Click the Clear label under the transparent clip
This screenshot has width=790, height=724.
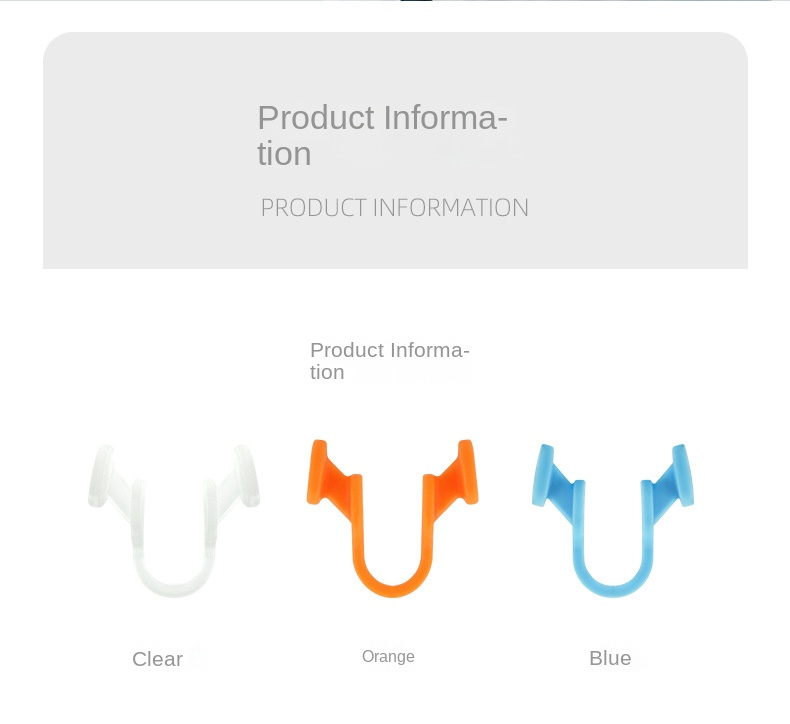pyautogui.click(x=157, y=659)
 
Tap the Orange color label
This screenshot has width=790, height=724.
pyautogui.click(x=388, y=657)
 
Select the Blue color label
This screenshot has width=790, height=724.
pyautogui.click(x=610, y=658)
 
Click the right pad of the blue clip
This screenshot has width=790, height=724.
pyautogui.click(x=683, y=475)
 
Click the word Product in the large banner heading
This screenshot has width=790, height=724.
pyautogui.click(x=315, y=118)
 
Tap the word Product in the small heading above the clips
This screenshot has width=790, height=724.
pyautogui.click(x=347, y=350)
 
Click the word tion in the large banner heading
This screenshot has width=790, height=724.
pyautogui.click(x=284, y=154)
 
